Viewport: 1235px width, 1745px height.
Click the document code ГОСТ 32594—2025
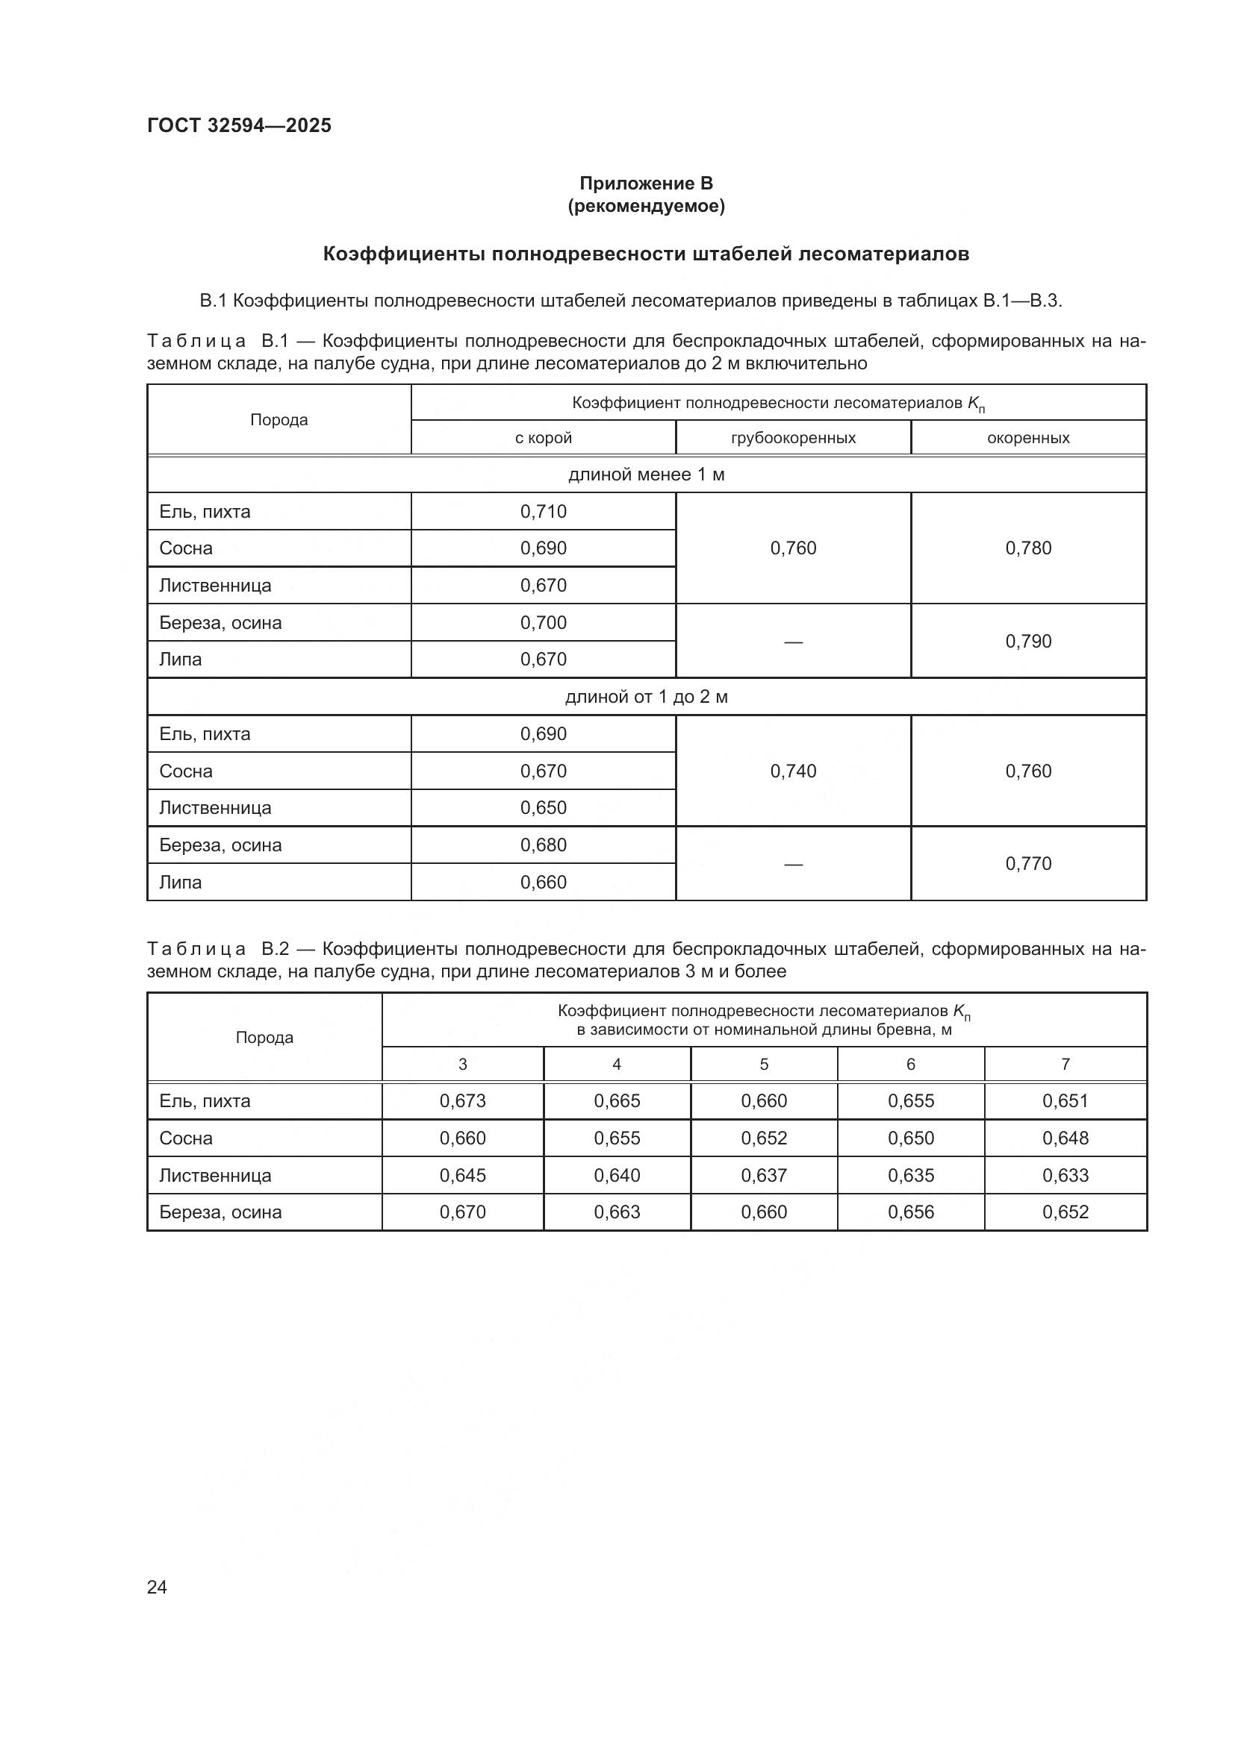coord(239,125)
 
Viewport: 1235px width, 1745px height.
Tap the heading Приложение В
coord(646,184)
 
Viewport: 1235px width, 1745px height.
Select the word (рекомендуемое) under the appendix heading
coord(646,206)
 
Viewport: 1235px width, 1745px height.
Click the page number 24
coord(157,1587)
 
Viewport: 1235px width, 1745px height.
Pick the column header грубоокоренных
coord(792,438)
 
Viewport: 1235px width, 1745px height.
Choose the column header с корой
coord(543,438)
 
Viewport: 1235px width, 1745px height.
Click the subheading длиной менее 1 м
coord(646,475)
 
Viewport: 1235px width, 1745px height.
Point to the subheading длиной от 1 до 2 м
coord(646,697)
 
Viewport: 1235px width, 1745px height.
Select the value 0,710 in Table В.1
coord(543,512)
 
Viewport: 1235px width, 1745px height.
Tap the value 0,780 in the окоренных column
coord(1028,548)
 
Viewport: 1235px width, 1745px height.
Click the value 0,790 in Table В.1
coord(1028,641)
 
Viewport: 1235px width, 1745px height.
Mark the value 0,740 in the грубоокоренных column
coord(792,771)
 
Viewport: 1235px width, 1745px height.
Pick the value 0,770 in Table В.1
coord(1028,863)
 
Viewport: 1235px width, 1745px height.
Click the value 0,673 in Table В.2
coord(462,1100)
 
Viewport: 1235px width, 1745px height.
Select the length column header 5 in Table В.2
coord(764,1064)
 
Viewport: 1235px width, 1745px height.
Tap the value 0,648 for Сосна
coord(1066,1138)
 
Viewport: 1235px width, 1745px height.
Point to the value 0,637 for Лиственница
coord(764,1175)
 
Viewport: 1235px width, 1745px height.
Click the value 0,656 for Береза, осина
coord(910,1212)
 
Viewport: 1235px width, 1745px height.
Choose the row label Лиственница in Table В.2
coord(215,1175)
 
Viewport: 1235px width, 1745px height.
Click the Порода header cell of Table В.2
coord(264,1038)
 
